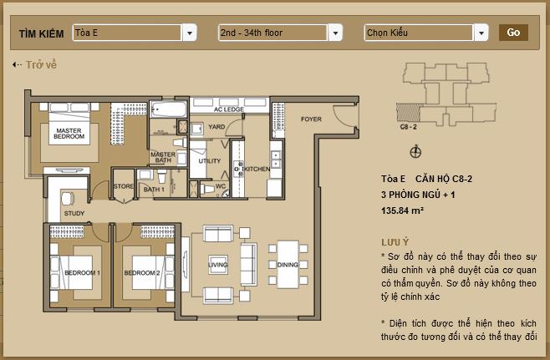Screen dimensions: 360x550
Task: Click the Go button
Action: point(513,33)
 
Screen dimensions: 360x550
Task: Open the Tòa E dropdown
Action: point(134,33)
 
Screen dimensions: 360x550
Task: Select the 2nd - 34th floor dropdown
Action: point(279,33)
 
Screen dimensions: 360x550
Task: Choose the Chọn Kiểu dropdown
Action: point(425,33)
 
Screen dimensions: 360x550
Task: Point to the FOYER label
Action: point(311,119)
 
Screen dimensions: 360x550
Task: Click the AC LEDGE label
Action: point(228,109)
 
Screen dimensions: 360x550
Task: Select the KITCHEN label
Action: point(257,169)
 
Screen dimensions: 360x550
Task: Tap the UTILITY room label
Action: point(210,160)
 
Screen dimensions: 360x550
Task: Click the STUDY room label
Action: point(74,214)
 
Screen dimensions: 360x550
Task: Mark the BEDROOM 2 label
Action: point(141,273)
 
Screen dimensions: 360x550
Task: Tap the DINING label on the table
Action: point(287,266)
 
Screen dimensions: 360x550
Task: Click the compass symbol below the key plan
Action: point(416,152)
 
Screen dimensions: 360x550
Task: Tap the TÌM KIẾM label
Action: point(39,33)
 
